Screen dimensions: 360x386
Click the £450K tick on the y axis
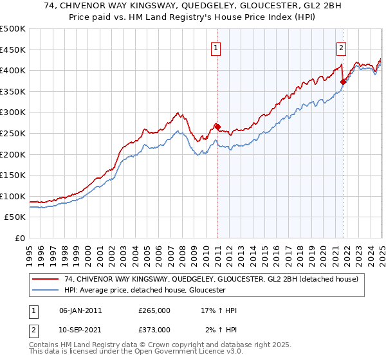coord(13,50)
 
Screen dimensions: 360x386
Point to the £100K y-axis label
coord(13,196)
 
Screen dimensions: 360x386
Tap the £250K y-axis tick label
coord(13,133)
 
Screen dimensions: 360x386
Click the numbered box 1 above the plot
coord(216,47)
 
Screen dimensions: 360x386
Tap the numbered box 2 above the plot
coord(340,47)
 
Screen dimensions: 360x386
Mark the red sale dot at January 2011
coord(217,127)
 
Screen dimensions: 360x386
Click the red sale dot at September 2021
coord(343,81)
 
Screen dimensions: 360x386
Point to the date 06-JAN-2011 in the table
coord(80,310)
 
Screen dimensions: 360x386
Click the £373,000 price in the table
coord(154,330)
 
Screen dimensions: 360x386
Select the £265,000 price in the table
coord(154,310)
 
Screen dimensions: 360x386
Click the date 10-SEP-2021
coord(80,330)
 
